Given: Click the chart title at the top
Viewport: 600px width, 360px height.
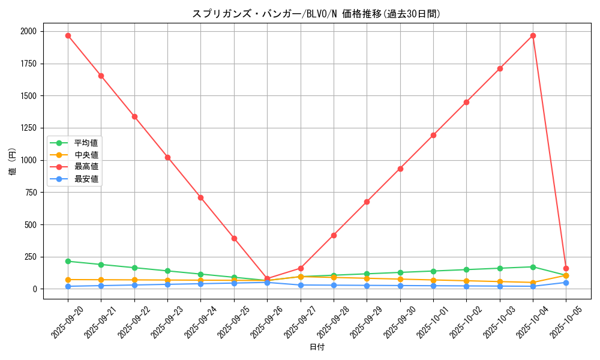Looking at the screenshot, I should click(x=316, y=14).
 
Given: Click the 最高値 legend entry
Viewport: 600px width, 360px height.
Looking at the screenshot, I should click(x=86, y=167).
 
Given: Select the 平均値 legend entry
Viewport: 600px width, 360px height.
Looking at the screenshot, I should click(x=86, y=143).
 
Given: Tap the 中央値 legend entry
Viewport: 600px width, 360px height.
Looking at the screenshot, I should click(x=86, y=155).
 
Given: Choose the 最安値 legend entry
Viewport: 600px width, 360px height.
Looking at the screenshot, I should click(x=86, y=179).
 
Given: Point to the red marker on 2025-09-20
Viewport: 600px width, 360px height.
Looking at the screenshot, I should click(x=68, y=35).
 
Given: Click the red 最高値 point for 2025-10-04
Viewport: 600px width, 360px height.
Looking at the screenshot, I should click(x=533, y=35).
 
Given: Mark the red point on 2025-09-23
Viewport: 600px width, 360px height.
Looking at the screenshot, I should click(x=167, y=157).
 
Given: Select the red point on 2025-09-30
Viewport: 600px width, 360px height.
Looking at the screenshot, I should click(x=400, y=169).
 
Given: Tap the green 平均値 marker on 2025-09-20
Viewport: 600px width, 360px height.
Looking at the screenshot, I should click(x=68, y=261).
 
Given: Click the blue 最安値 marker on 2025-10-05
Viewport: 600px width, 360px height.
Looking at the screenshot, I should click(x=566, y=283).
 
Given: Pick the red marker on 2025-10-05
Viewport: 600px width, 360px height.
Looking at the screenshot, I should click(x=566, y=268).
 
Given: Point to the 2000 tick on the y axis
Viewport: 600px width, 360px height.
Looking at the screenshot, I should click(x=28, y=31).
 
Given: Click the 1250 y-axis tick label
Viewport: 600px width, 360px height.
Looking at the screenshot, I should click(x=28, y=128).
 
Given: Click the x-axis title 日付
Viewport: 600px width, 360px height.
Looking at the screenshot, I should click(x=317, y=347).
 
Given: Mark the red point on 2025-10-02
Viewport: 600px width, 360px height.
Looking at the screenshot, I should click(x=466, y=102).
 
